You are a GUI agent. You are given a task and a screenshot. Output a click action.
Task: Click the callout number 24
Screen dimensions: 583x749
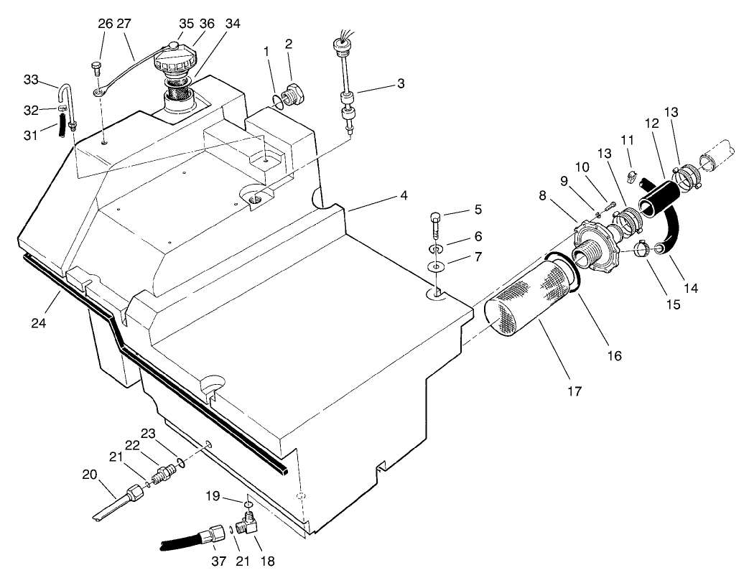click(39, 323)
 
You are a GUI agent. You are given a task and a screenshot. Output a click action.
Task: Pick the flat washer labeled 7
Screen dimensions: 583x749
click(434, 267)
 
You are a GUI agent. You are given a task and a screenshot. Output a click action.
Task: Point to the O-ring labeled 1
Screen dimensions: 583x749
click(276, 101)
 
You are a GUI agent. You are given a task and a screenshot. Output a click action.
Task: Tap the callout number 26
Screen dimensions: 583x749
click(106, 24)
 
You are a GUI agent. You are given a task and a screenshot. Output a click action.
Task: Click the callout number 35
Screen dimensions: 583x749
click(186, 24)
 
